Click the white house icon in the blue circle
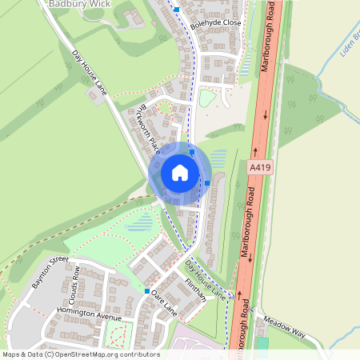coord(180,173)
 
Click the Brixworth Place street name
coord(149,128)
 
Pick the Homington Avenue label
coord(88,314)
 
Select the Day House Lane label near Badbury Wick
coord(90,70)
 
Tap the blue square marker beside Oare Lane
coord(147,291)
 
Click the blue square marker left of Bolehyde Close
coord(177,10)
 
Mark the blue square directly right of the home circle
coord(207,183)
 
